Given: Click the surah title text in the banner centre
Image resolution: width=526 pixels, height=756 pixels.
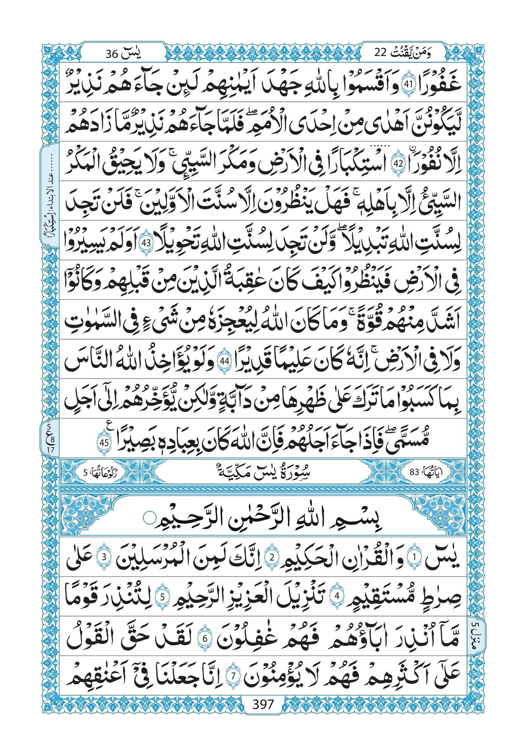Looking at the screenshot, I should pos(263,472).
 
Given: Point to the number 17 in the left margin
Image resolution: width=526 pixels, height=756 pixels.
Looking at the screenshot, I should pos(49,449).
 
